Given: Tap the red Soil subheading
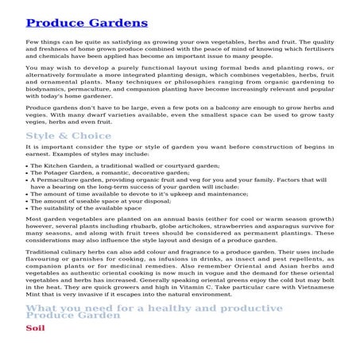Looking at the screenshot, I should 35,349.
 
